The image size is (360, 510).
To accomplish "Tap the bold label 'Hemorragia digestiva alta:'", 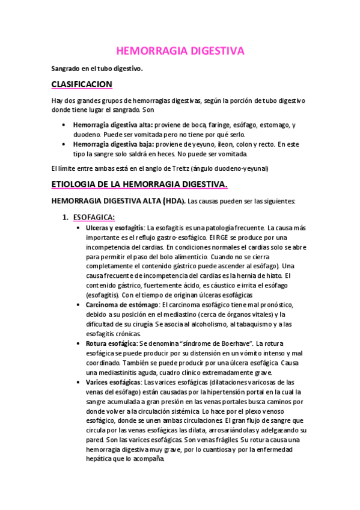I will [112, 124].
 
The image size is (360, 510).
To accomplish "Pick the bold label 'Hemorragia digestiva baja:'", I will [112, 144].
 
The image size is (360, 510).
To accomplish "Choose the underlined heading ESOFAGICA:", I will [94, 217].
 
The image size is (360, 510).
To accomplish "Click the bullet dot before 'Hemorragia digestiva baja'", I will [64, 145].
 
